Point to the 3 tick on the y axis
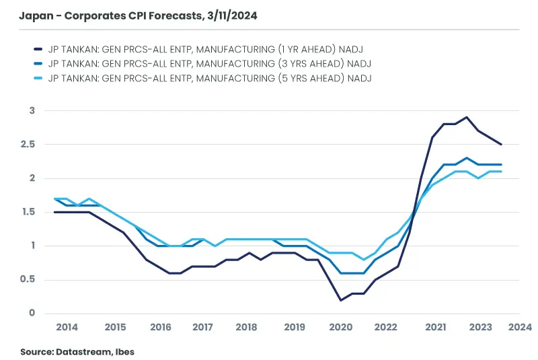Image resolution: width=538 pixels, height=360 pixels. [x=31, y=110]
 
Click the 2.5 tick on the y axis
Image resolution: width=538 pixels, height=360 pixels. [x=26, y=144]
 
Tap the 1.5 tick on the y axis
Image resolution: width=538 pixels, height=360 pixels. [x=26, y=212]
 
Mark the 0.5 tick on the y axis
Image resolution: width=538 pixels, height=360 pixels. [x=26, y=280]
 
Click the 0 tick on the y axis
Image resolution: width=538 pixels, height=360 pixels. [x=31, y=314]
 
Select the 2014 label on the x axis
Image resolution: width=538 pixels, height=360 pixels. [x=67, y=327]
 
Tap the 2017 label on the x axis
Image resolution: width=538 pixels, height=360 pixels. [x=202, y=327]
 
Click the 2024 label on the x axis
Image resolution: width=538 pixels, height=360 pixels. [x=520, y=327]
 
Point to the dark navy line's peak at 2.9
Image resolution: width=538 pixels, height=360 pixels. [x=466, y=117]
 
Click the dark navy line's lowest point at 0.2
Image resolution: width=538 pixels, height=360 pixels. [x=340, y=300]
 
